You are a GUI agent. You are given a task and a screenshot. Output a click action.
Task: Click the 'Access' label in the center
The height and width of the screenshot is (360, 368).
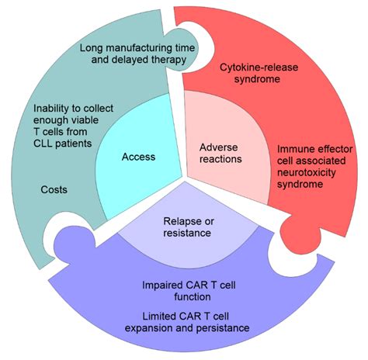(x=138, y=157)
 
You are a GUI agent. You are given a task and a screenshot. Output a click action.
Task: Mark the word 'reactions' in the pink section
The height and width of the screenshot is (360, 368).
(x=221, y=159)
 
